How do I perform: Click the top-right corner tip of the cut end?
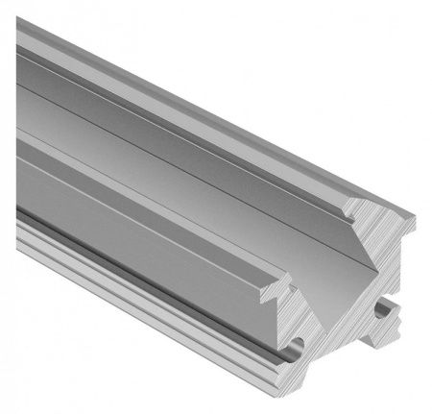pyautogui.click(x=415, y=218)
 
